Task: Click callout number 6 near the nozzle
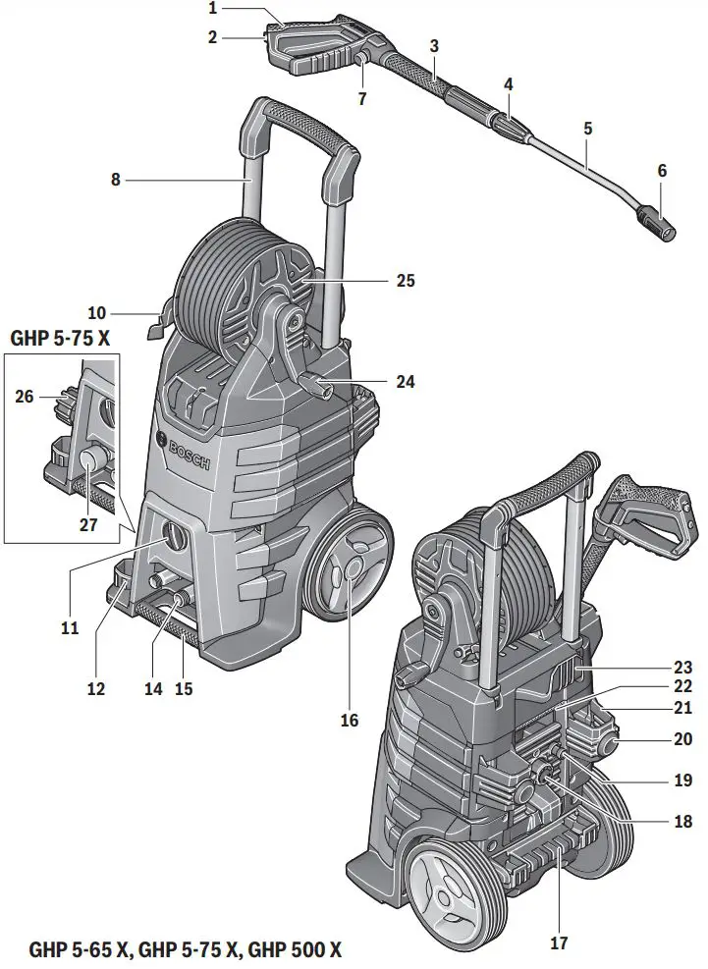[662, 170]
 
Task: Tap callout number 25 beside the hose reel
[405, 281]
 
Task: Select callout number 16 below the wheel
[350, 720]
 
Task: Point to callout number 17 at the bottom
[559, 944]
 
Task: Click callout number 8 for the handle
[116, 180]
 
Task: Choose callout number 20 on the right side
[682, 738]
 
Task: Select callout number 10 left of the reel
[96, 314]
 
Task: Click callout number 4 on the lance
[508, 85]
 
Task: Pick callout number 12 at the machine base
[95, 688]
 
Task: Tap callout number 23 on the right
[682, 667]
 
